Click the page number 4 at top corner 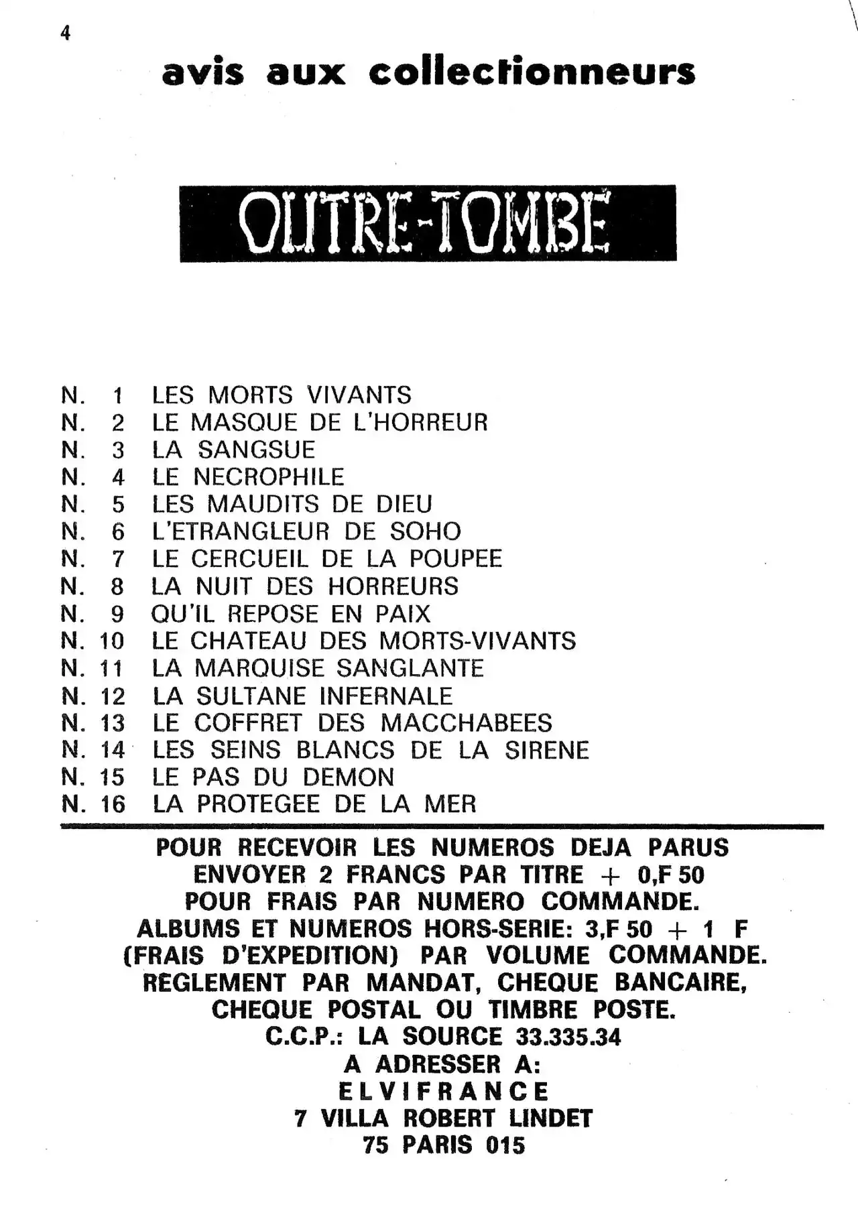click(65, 34)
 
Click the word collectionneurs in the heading click(532, 72)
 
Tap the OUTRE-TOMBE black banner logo click(428, 223)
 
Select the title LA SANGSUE click(233, 450)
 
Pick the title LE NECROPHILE click(247, 477)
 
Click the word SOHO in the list click(426, 531)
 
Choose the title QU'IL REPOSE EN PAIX click(290, 614)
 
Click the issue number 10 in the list click(112, 641)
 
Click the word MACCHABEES click(467, 723)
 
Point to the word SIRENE click(547, 751)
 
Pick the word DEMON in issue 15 click(348, 777)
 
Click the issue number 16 click(113, 804)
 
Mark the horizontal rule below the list click(442, 828)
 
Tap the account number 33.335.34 click(568, 1037)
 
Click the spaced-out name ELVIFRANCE click(443, 1092)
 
